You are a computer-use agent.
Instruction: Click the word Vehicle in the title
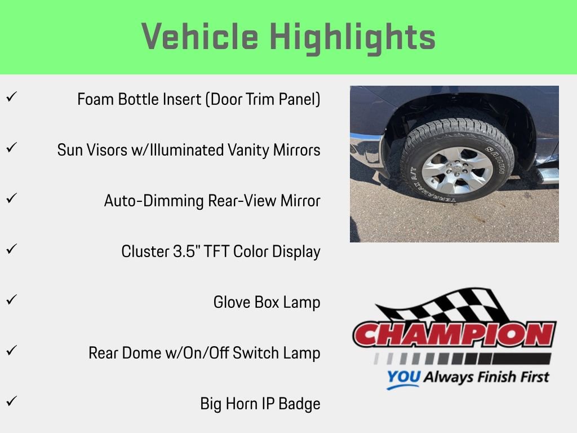pos(199,37)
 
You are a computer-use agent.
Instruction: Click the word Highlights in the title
pos(353,37)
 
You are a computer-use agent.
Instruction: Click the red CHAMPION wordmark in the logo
pos(454,335)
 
